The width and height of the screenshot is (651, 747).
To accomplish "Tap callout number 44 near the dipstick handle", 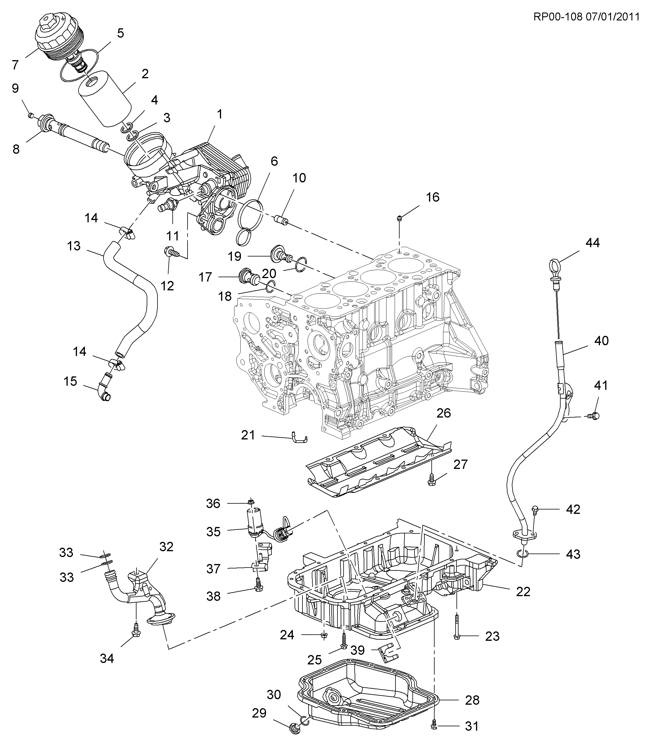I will [592, 242].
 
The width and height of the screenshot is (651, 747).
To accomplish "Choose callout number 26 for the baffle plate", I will [444, 413].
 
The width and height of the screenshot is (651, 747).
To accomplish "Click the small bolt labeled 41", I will [594, 416].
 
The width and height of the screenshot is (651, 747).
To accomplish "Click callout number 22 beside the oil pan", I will [523, 592].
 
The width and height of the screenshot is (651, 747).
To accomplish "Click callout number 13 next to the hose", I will [74, 246].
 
